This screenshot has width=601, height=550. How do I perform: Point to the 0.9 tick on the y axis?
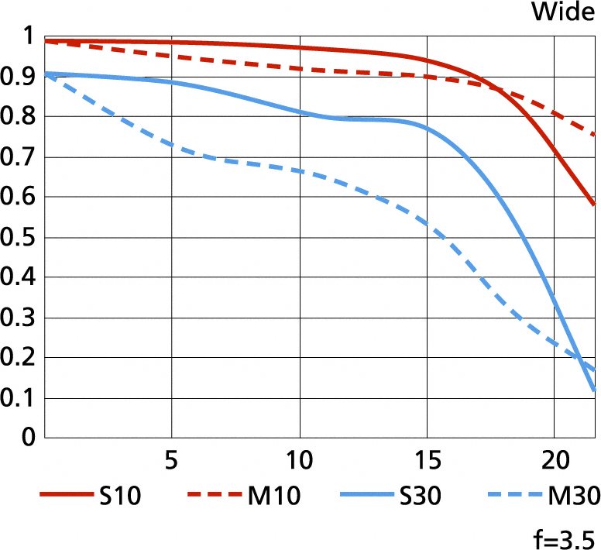[x=19, y=76]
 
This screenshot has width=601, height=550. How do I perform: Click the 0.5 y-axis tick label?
[x=19, y=237]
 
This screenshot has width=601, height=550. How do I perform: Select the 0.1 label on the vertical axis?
[x=19, y=398]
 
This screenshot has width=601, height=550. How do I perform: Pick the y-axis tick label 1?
[x=29, y=36]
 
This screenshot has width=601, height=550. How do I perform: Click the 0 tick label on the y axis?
[x=29, y=438]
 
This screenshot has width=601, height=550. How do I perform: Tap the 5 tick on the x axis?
[x=172, y=460]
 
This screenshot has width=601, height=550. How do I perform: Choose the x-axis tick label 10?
[x=299, y=460]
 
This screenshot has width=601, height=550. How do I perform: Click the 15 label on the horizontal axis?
[x=427, y=460]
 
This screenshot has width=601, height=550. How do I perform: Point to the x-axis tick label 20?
[x=554, y=460]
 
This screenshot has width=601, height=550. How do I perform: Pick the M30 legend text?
[x=574, y=496]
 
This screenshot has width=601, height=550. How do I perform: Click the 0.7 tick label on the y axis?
[x=19, y=156]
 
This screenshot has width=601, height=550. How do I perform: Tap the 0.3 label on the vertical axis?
[x=19, y=318]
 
